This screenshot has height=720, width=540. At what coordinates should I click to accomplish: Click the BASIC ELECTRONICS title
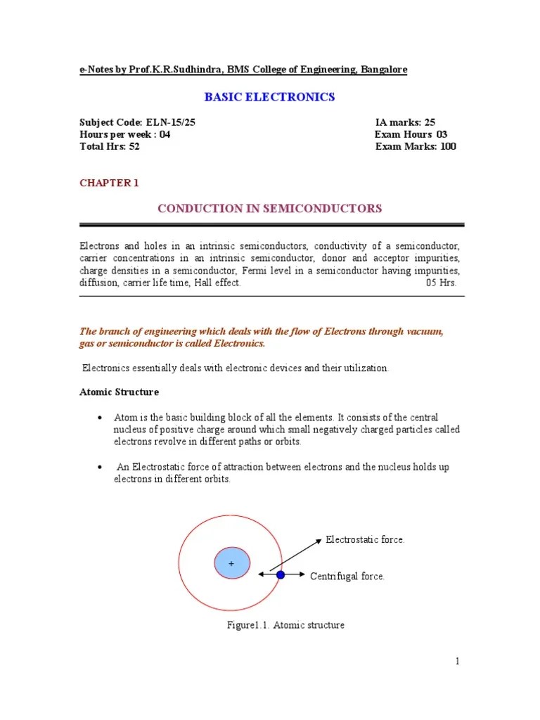tap(269, 97)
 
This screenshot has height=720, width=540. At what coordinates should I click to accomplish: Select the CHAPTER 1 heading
tap(109, 183)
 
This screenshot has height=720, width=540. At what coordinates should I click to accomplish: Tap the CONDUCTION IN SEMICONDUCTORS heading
tap(269, 208)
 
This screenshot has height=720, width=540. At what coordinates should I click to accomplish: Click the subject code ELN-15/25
tap(137, 122)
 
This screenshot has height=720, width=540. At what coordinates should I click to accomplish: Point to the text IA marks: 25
tap(405, 122)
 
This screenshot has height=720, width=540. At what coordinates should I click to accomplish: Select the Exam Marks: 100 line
tap(415, 146)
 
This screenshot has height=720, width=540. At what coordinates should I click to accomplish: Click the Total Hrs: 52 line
tap(109, 146)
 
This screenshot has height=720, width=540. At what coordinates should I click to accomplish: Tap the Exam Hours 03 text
tap(411, 134)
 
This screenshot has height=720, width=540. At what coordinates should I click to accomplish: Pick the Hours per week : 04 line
tap(124, 134)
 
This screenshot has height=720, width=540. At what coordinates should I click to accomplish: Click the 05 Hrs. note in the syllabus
tap(441, 283)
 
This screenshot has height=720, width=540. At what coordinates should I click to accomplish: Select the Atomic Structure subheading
tap(119, 392)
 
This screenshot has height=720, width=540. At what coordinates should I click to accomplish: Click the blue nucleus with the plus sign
tap(231, 563)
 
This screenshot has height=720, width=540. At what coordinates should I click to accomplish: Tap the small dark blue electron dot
tap(281, 574)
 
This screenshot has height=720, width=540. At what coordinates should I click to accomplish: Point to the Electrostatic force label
tap(365, 539)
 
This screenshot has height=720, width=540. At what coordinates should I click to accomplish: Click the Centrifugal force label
tap(347, 577)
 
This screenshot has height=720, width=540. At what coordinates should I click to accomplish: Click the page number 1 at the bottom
tap(457, 661)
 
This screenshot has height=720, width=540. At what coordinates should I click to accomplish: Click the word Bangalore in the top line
tap(383, 70)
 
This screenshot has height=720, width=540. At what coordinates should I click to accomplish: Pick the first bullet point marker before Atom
tap(100, 418)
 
